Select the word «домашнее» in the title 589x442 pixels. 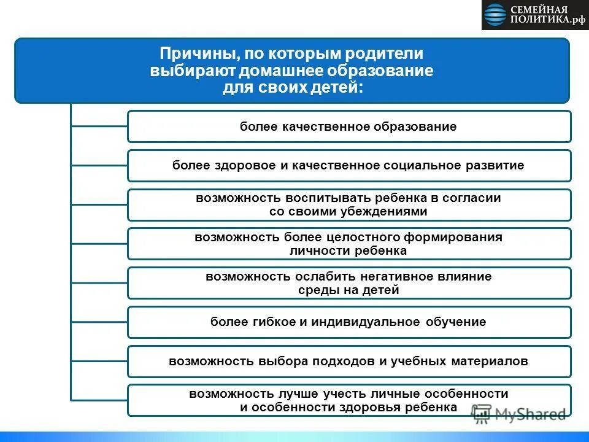coord(283,71)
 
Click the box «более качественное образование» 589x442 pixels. coord(348,126)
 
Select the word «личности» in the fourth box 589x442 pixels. coord(314,251)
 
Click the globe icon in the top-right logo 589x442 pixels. coord(495,15)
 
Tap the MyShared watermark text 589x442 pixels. coord(530,414)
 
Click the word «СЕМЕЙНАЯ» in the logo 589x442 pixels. coord(538,10)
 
